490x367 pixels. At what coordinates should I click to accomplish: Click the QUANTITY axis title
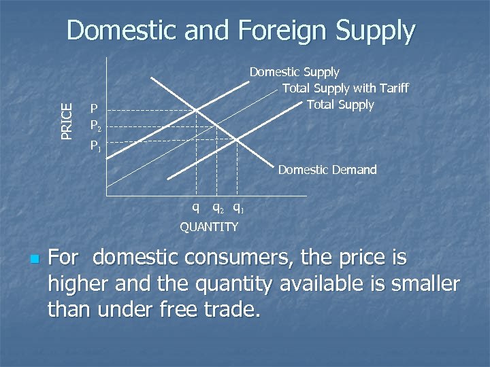[209, 227]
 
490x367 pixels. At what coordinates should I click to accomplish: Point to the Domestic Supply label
[294, 71]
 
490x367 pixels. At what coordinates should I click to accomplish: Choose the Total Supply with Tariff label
[345, 88]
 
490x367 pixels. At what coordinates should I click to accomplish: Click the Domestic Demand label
[327, 170]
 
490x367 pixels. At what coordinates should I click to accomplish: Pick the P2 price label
[97, 126]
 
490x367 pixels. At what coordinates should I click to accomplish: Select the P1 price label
[97, 145]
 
